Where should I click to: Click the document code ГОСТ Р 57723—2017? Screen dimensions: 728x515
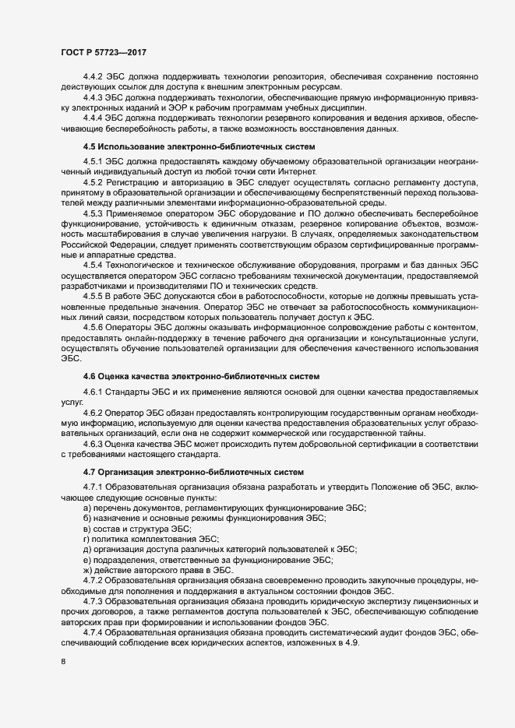coord(104,51)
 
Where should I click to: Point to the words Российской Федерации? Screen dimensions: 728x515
coord(102,266)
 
